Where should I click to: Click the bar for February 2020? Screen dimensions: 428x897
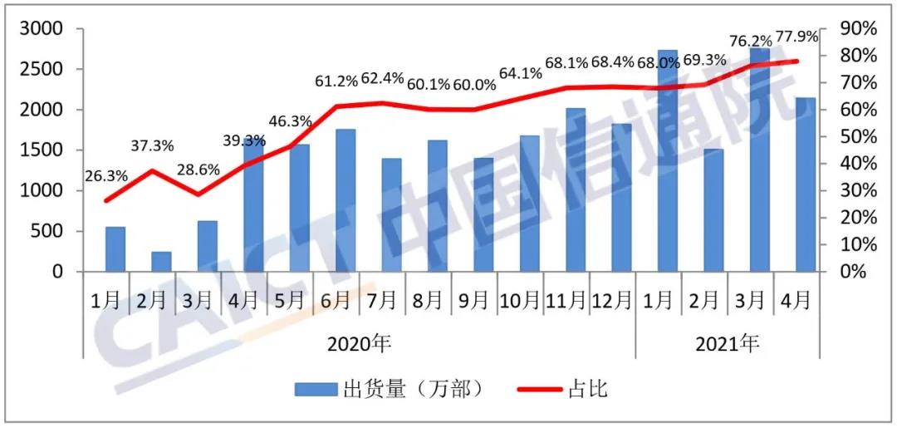click(161, 262)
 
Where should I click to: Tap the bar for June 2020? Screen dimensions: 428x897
click(346, 200)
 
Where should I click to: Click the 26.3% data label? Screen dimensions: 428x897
click(105, 176)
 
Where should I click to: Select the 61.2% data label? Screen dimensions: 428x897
click(336, 81)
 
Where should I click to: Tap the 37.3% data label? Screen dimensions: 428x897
click(152, 146)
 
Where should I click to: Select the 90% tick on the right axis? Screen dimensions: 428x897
click(858, 29)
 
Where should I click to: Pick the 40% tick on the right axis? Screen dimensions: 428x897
click(858, 164)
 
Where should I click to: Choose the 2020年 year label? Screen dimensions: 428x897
click(359, 342)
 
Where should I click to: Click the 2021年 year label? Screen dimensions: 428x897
click(727, 342)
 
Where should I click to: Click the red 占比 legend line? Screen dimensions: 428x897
click(537, 389)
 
